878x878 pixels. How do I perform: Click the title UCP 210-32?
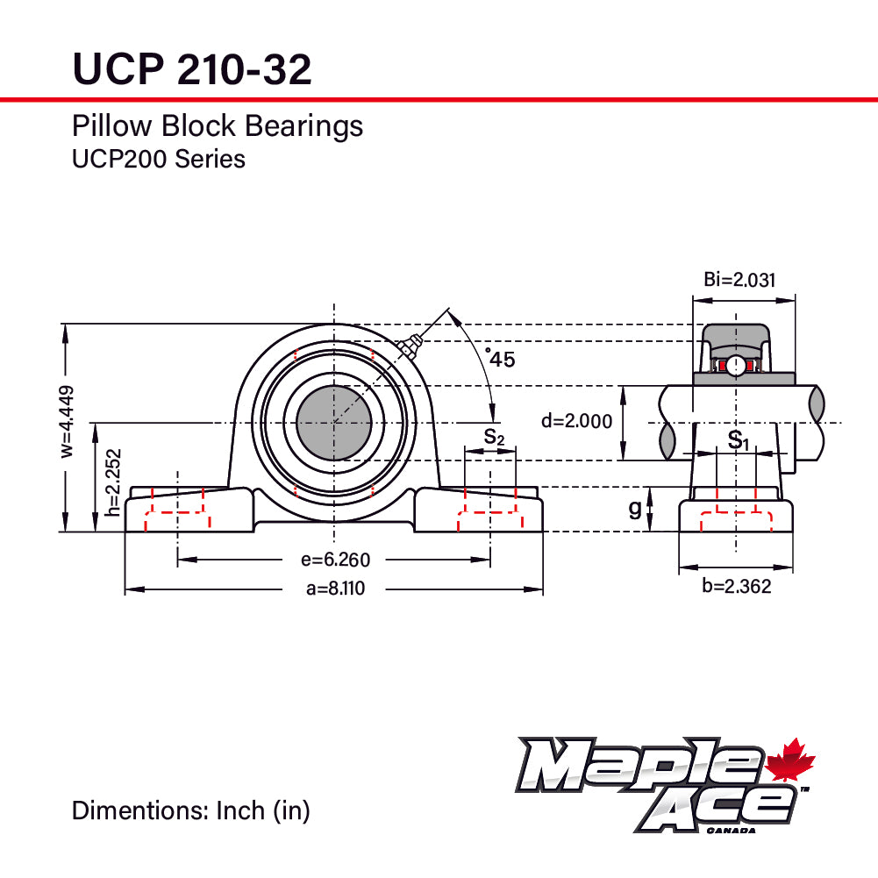191,68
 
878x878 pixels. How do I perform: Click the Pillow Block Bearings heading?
217,126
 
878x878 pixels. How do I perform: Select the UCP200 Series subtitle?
158,159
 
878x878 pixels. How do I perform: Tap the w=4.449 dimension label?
68,421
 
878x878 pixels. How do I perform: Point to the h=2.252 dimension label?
111,482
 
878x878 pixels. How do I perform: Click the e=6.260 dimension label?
335,560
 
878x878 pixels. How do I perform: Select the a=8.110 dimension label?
335,589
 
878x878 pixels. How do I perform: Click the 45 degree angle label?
501,359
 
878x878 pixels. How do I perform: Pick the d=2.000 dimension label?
576,421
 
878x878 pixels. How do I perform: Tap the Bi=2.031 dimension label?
739,280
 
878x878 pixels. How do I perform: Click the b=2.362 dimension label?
736,587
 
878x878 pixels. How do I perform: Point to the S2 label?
494,436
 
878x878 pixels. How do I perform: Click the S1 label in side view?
739,439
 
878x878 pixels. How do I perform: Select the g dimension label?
635,509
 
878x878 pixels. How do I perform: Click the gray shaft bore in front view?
334,424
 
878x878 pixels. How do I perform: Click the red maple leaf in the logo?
790,760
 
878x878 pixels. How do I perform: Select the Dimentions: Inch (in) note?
190,810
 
